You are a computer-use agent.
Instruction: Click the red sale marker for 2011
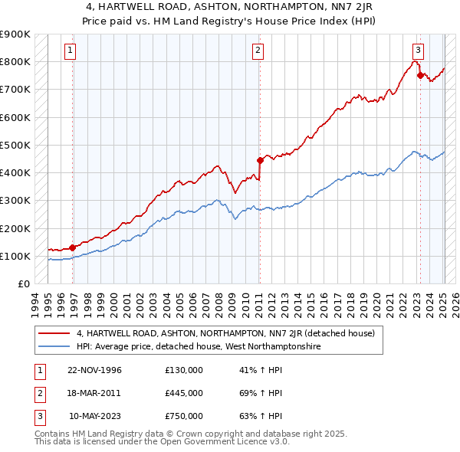[260, 160]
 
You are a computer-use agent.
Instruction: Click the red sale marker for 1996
[72, 247]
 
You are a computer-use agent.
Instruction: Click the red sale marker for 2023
[420, 75]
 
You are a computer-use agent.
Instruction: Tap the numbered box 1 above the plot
[70, 51]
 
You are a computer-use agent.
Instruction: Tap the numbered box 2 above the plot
[258, 51]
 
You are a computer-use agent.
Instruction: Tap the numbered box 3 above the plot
[417, 51]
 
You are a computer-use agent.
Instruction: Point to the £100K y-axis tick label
[15, 256]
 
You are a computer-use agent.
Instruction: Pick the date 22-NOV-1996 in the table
[94, 370]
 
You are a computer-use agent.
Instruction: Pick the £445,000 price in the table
[184, 393]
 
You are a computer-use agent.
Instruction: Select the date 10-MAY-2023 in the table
[95, 416]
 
